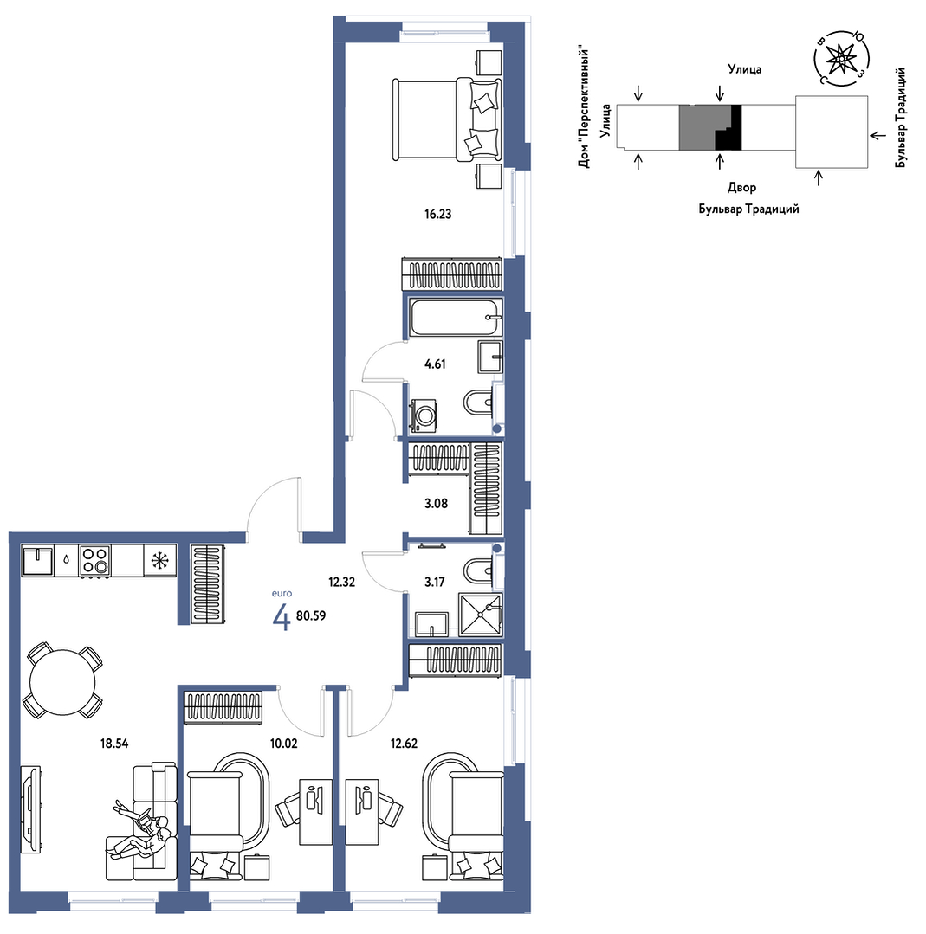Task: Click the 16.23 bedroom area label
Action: click(x=437, y=215)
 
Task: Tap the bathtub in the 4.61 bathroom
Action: click(x=456, y=317)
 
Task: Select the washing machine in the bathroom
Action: click(x=424, y=415)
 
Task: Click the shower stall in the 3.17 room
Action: click(x=481, y=615)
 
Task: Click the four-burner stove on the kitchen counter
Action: click(x=95, y=561)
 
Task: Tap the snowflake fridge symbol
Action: click(x=159, y=561)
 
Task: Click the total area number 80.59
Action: click(x=311, y=616)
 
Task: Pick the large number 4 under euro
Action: click(x=282, y=617)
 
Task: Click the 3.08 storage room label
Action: click(x=436, y=504)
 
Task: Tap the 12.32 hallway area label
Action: click(x=341, y=582)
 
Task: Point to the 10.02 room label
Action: click(x=284, y=744)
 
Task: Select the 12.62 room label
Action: click(x=404, y=744)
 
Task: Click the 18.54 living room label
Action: click(x=113, y=744)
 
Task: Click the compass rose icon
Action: click(x=841, y=58)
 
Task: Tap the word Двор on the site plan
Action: click(x=741, y=188)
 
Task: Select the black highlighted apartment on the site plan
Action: click(x=728, y=127)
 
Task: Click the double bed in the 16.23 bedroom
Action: click(x=447, y=119)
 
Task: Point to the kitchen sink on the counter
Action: click(x=37, y=561)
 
